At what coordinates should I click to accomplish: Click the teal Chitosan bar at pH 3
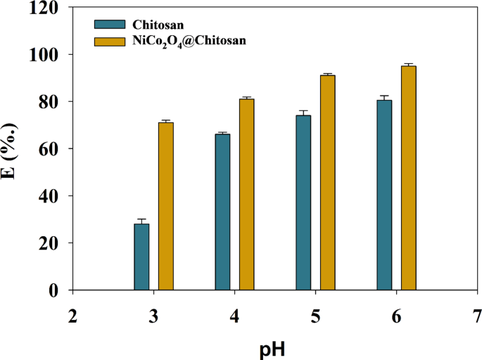click(x=141, y=257)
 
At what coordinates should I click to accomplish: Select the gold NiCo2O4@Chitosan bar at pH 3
click(x=166, y=206)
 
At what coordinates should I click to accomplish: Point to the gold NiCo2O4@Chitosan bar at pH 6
click(x=409, y=178)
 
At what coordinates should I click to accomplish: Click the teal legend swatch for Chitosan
click(x=107, y=29)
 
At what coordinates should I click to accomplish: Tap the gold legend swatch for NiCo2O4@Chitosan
click(x=107, y=41)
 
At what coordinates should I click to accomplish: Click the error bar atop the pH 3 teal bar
click(x=141, y=221)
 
